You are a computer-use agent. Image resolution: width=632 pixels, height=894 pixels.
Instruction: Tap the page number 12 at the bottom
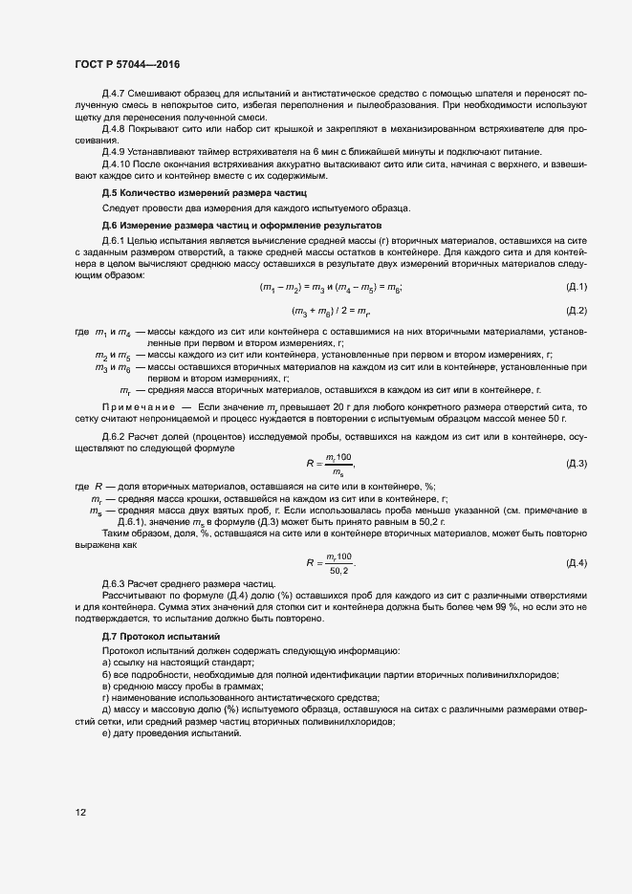point(81,812)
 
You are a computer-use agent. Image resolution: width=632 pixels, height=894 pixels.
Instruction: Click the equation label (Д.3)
point(577,464)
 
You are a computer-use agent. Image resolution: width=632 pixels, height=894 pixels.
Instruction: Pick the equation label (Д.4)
point(577,562)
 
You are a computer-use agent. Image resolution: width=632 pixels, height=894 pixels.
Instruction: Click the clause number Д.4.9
point(116,152)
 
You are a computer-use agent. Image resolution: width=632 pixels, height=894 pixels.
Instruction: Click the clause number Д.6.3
point(116,583)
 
